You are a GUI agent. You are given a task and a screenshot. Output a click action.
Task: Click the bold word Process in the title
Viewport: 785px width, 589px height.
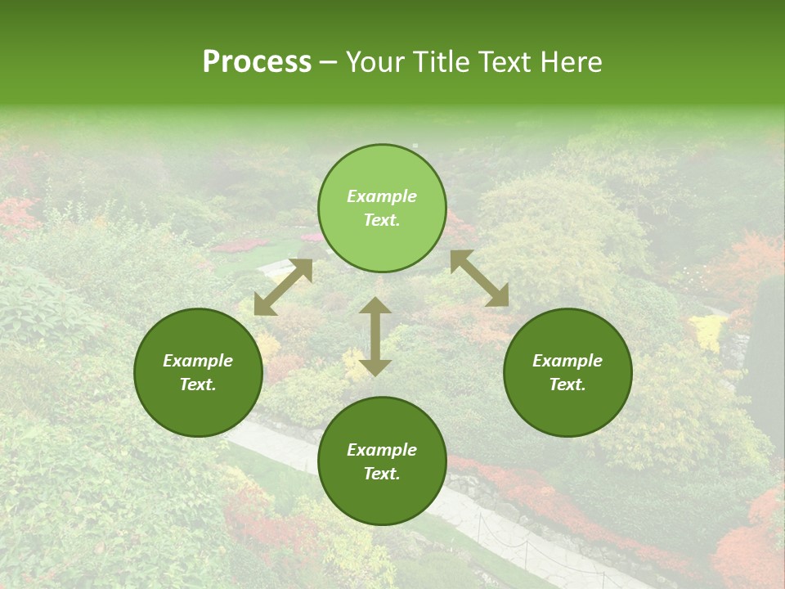coord(257,62)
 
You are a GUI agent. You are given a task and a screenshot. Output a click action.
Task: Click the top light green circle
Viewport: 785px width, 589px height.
coord(382,209)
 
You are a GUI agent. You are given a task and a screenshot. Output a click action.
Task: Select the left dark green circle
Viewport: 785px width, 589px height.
coord(198,373)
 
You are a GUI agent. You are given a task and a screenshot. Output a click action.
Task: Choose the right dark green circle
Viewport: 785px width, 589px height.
coord(567,373)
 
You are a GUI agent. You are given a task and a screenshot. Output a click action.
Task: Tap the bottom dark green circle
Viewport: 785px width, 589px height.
coord(382,461)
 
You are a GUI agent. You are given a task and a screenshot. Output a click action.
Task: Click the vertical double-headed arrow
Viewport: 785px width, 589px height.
coord(375,336)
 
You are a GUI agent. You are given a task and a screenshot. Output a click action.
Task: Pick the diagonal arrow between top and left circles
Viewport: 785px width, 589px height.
coord(284,287)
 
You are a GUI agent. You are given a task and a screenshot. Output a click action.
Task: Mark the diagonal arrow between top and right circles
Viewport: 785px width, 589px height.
coord(479,278)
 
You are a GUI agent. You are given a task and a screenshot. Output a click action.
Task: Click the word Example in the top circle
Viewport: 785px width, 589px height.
coord(382,196)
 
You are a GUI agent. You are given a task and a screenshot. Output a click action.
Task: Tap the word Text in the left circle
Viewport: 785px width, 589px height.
coord(198,384)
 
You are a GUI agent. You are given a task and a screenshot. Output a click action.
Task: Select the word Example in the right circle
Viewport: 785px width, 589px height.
coord(567,361)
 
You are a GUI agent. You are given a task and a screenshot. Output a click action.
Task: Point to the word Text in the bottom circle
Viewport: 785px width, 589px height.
coord(382,474)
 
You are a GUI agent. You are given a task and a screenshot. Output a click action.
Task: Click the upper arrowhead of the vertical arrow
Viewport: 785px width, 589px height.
coord(375,306)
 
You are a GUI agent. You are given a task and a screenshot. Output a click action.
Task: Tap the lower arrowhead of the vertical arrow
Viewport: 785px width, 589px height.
coord(375,366)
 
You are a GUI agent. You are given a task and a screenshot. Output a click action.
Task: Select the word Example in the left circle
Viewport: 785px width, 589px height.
coord(198,361)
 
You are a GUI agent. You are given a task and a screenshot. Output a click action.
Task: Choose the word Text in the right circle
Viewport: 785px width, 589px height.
coord(567,384)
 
